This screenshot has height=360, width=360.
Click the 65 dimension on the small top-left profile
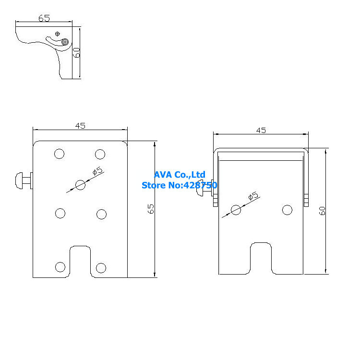(x=44, y=18)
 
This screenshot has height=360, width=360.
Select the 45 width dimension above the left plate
(x=80, y=126)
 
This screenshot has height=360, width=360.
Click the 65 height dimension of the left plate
(x=151, y=209)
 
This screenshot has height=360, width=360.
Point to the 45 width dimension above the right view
(x=261, y=130)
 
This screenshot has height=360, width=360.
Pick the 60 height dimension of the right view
(x=323, y=210)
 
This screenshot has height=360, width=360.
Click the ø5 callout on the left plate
(x=98, y=171)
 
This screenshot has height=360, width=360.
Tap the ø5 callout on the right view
(x=252, y=196)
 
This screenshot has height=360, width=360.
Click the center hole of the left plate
(x=81, y=184)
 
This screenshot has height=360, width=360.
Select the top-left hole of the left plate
(x=60, y=154)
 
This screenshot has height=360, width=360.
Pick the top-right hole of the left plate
(x=100, y=154)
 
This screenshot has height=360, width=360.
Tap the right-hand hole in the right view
(x=287, y=210)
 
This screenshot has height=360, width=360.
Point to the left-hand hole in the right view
(x=236, y=210)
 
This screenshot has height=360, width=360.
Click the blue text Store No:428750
(x=180, y=185)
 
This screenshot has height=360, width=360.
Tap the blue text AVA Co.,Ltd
(x=180, y=175)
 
